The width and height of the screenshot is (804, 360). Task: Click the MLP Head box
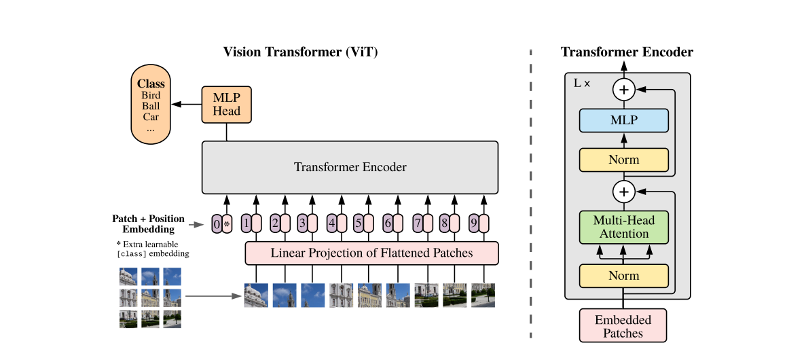click(x=227, y=104)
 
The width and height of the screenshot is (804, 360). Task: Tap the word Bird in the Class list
click(x=151, y=95)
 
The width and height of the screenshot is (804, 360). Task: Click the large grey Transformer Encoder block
click(x=350, y=167)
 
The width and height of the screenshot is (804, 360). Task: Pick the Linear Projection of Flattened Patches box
click(x=371, y=253)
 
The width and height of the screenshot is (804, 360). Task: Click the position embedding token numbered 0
click(x=217, y=223)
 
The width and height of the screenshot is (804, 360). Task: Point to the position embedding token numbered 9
click(x=474, y=223)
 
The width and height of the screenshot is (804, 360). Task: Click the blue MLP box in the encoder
click(x=623, y=120)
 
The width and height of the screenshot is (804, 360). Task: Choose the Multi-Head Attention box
click(x=623, y=227)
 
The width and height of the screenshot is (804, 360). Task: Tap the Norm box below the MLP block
click(x=623, y=160)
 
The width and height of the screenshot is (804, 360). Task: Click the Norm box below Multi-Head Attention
click(x=623, y=276)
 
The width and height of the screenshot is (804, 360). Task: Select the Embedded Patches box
click(x=623, y=325)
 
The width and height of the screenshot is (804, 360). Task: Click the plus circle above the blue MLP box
click(x=624, y=90)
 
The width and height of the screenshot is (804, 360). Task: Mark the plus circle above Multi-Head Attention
click(x=624, y=192)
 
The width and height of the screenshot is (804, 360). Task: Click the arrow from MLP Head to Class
click(x=187, y=104)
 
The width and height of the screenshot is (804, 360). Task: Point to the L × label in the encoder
click(x=581, y=83)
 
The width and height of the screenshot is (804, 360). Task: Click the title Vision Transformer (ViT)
click(x=300, y=52)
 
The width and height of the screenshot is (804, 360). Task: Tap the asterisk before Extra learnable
click(x=119, y=244)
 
